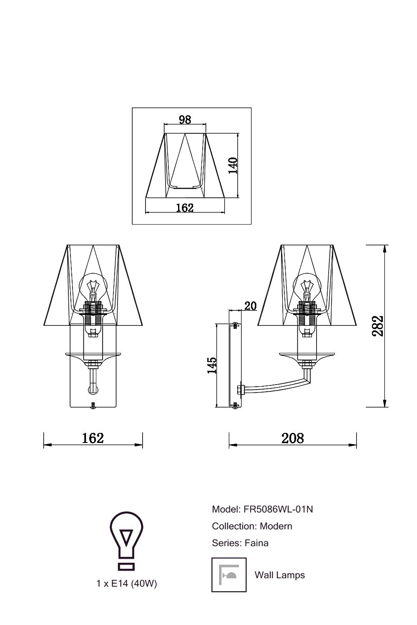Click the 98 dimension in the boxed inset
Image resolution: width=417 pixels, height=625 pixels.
coord(185,120)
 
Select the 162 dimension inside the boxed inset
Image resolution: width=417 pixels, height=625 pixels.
coord(185,207)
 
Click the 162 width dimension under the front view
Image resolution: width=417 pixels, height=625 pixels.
coord(93,438)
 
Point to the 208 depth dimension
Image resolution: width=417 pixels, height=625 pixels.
coord(293,438)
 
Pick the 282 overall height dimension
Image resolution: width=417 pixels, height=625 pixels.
coord(378,326)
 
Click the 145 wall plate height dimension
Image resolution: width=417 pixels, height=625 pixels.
coord(212,365)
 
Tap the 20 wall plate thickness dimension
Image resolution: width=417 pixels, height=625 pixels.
coord(250,306)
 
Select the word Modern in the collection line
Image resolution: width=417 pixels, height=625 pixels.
coord(276,526)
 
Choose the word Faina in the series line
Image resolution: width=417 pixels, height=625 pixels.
coord(257,543)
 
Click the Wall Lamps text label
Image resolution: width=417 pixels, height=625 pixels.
coord(279,575)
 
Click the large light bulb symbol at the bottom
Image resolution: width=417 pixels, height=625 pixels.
coord(126,540)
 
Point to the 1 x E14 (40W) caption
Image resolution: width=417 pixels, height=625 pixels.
coord(126,584)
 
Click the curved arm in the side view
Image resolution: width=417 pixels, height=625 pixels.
coord(275,384)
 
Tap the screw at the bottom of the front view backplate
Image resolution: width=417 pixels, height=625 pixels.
coord(93,405)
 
